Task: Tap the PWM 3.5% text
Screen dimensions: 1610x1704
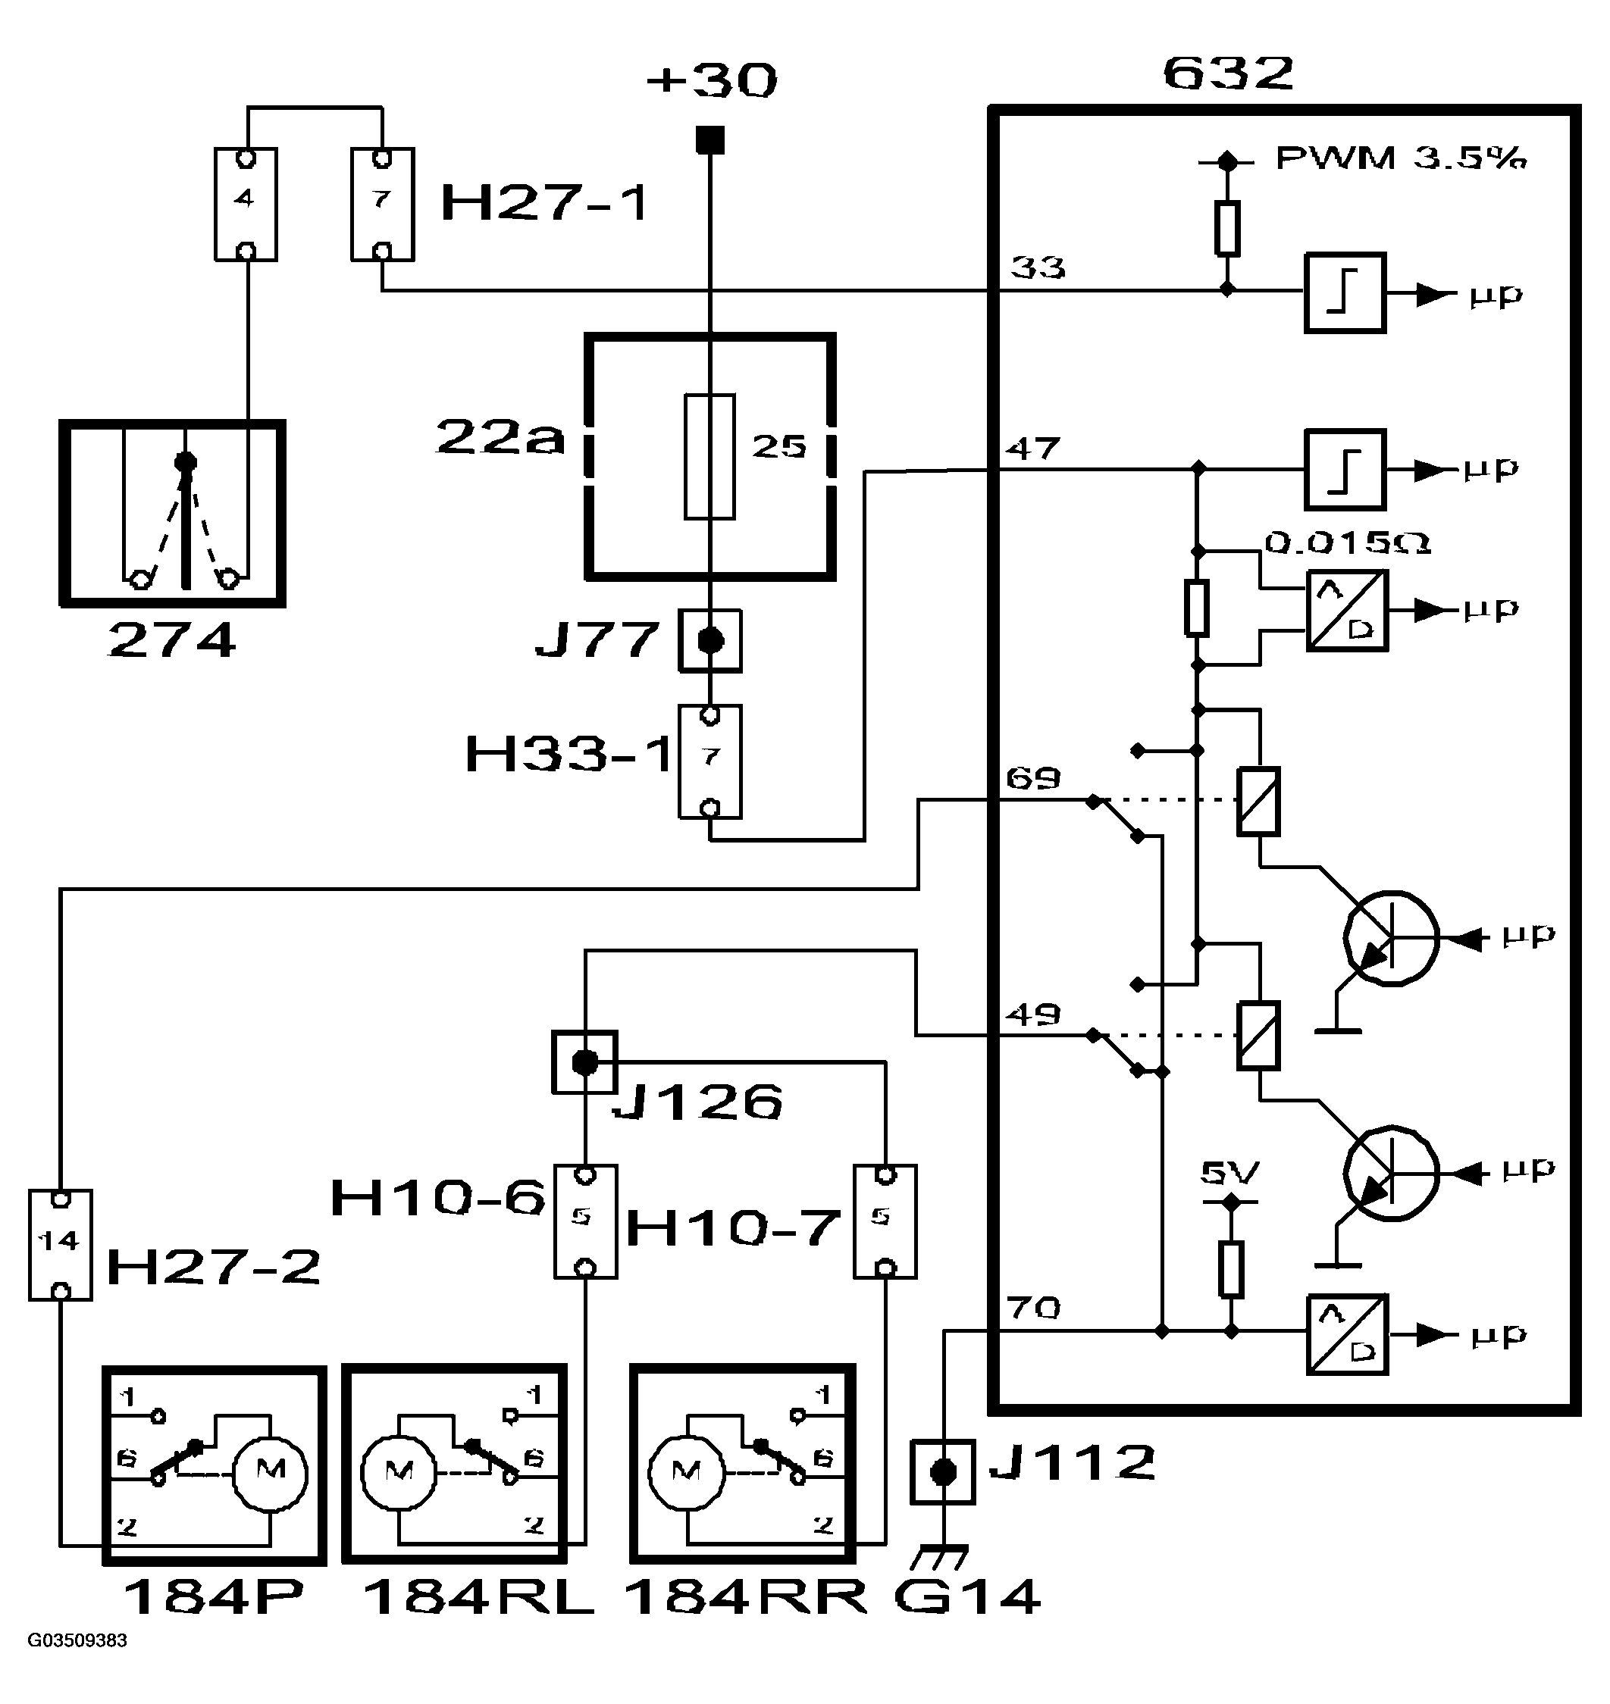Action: pyautogui.click(x=1402, y=158)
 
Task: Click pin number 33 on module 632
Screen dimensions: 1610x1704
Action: pyautogui.click(x=1038, y=267)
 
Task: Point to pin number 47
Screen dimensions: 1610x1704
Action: pyautogui.click(x=1033, y=448)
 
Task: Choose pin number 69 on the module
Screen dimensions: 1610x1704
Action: pyautogui.click(x=1033, y=778)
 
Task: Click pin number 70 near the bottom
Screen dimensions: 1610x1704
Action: pyautogui.click(x=1033, y=1308)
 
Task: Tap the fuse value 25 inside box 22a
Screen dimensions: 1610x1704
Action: pyautogui.click(x=779, y=446)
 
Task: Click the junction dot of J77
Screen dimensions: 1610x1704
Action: pyautogui.click(x=709, y=641)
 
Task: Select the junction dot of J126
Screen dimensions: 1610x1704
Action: pyautogui.click(x=584, y=1063)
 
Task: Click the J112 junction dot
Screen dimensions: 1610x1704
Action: pyautogui.click(x=943, y=1473)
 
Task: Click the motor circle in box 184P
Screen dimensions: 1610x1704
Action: pyautogui.click(x=271, y=1472)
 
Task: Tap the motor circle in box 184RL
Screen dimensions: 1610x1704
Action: pyautogui.click(x=399, y=1472)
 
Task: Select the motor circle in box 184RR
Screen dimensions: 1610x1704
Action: pyautogui.click(x=687, y=1472)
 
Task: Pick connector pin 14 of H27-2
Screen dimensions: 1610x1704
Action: pyautogui.click(x=60, y=1240)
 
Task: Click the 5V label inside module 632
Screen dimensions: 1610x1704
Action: pyautogui.click(x=1229, y=1173)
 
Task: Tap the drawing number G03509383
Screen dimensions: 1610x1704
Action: pyautogui.click(x=77, y=1640)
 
